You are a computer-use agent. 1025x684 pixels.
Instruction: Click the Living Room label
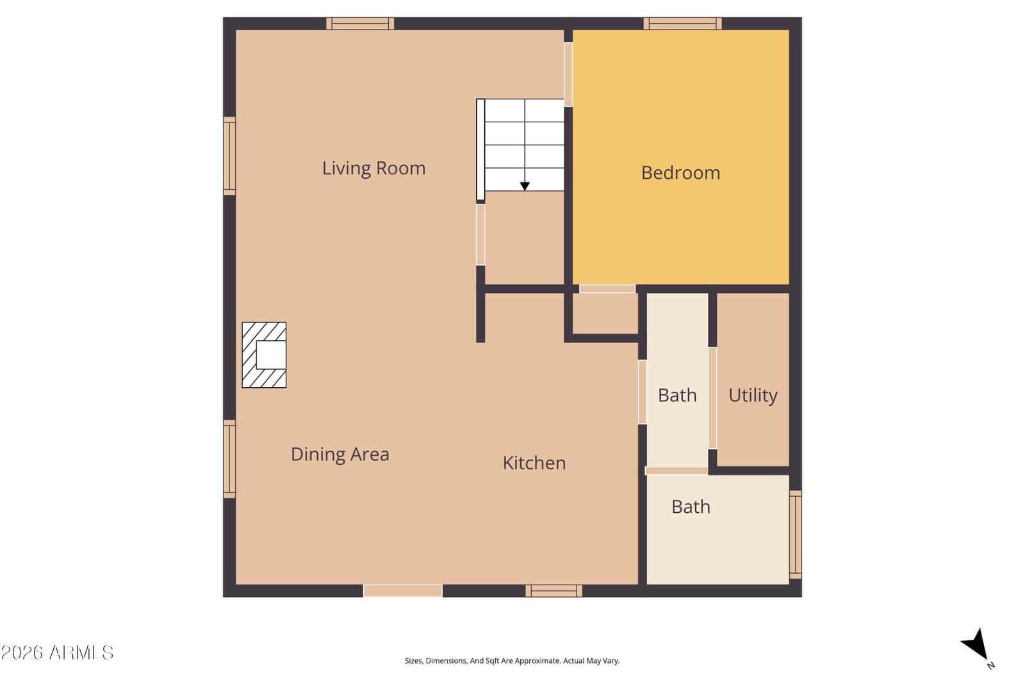point(374,169)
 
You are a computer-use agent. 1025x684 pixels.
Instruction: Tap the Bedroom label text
point(680,173)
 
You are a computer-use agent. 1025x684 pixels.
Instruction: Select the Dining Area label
point(340,455)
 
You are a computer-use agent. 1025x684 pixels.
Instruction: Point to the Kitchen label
point(534,463)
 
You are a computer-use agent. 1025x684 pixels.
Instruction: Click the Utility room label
point(753,396)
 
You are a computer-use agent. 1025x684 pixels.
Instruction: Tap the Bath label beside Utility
point(677,396)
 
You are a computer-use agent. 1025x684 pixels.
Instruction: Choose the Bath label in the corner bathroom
point(691,507)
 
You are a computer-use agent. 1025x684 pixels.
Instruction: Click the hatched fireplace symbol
point(264,355)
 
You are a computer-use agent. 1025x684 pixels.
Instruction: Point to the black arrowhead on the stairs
point(525,186)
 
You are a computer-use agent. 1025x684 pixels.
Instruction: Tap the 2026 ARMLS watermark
point(57,653)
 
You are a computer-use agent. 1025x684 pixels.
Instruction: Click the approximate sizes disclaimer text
point(512,661)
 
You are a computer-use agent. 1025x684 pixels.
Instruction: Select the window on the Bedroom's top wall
point(682,23)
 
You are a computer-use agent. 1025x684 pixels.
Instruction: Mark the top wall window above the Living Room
point(360,23)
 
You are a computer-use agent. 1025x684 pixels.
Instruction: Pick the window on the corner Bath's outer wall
point(796,535)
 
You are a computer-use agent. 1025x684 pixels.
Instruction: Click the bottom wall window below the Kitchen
point(553,591)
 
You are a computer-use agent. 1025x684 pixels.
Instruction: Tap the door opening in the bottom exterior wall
point(403,591)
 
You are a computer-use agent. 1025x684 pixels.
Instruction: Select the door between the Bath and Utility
point(712,398)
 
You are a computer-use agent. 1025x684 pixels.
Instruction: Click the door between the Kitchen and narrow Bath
point(643,392)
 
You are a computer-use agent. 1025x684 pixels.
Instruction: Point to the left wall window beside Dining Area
point(229,459)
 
